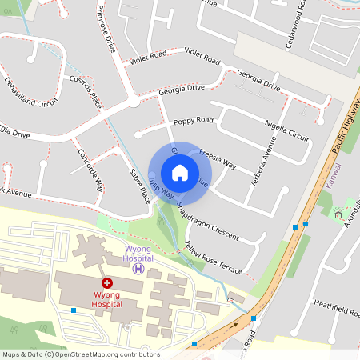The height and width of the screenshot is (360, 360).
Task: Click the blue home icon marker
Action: pos(180,173)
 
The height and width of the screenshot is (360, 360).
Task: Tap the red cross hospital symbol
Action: pos(106,283)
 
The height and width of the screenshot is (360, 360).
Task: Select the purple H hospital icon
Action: pos(138,269)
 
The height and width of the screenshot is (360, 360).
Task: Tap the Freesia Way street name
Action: pos(217,158)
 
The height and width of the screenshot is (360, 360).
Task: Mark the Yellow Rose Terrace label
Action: pos(213,257)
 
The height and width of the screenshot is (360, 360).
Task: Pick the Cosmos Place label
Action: pos(86,90)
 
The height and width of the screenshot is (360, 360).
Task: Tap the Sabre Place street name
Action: pos(139,185)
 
